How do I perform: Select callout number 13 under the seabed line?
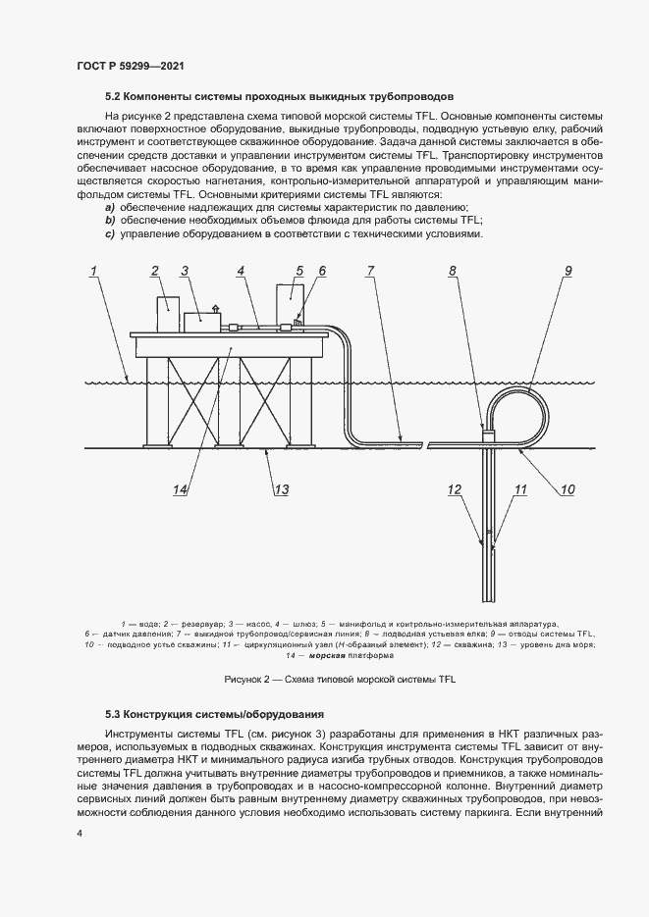point(282,490)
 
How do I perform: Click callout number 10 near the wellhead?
point(567,489)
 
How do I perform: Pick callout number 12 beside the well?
point(455,489)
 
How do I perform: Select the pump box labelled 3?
point(202,317)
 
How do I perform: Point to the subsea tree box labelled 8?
point(488,427)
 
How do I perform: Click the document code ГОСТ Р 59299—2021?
point(131,66)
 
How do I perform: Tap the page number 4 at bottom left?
point(79,834)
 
